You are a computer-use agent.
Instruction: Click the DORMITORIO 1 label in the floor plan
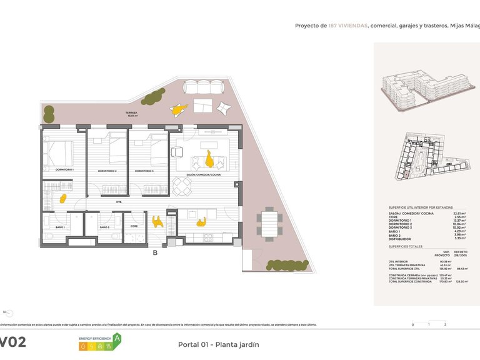(x=64, y=170)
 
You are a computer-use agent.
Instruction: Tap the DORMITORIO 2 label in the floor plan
(x=107, y=171)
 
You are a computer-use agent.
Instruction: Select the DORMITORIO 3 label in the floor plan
(x=144, y=171)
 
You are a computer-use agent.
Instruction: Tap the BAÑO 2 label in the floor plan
(x=104, y=227)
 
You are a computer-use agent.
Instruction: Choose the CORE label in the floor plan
(x=134, y=226)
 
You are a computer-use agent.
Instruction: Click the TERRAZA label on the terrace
(x=132, y=113)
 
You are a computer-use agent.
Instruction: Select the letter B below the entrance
(x=154, y=253)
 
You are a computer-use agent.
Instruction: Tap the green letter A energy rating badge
(x=116, y=339)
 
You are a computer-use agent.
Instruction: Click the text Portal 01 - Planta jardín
(x=218, y=344)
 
